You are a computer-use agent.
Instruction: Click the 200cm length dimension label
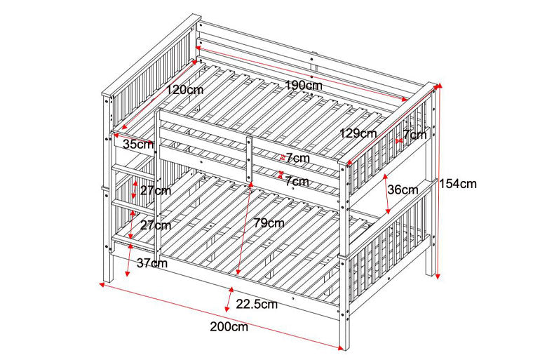point(229,326)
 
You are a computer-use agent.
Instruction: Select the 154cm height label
point(458,184)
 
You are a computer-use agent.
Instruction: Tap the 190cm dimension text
point(303,86)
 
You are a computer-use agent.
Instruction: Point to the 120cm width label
point(185,90)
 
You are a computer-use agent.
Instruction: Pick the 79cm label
point(269,223)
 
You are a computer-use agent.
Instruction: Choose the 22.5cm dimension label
point(257,304)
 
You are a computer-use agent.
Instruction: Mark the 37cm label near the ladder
point(151,263)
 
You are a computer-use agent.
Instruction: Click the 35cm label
point(137,145)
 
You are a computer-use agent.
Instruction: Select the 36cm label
point(403,189)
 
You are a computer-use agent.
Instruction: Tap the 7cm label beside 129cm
point(414,134)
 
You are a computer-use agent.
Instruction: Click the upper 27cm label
point(155,191)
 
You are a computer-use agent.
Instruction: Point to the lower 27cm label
point(155,225)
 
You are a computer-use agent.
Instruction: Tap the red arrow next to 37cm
point(128,261)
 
